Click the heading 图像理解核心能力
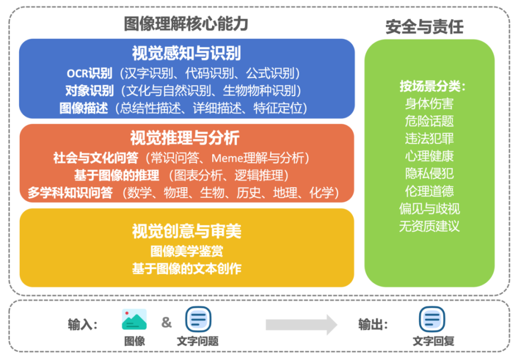tap(186, 24)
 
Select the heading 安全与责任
tap(425, 27)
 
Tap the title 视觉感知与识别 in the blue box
tap(187, 53)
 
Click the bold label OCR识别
tap(90, 73)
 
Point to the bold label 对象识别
tap(90, 91)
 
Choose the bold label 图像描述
tap(84, 108)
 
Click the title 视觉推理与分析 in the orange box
tap(185, 138)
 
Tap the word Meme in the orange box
tap(227, 158)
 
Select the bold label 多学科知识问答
tap(70, 193)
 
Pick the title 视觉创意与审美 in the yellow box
tap(187, 231)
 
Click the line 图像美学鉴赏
tap(187, 251)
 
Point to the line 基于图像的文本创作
tap(187, 268)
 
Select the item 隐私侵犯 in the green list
tap(429, 173)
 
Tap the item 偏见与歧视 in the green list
tap(429, 209)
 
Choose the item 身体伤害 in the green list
tap(429, 104)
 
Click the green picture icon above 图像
tap(134, 319)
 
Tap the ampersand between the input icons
tap(167, 322)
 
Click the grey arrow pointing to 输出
tap(301, 325)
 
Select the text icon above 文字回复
tap(432, 319)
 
